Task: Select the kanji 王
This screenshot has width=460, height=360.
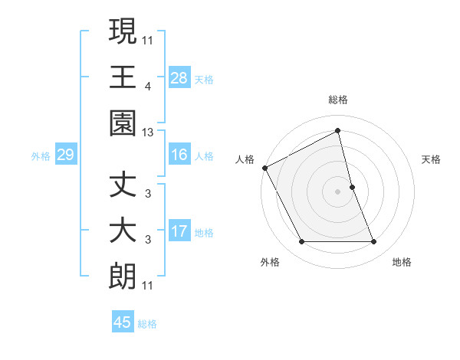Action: pos(123,77)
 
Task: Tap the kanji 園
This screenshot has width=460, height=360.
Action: pos(123,122)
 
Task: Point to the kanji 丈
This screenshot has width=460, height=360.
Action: pos(123,187)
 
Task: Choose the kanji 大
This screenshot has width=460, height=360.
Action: pos(123,231)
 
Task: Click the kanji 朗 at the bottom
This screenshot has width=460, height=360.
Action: pos(123,277)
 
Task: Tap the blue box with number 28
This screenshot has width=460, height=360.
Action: pos(179,77)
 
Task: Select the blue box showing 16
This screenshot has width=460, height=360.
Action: pos(179,155)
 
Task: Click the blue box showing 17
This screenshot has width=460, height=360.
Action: pos(179,231)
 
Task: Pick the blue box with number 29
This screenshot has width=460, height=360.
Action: pos(65,155)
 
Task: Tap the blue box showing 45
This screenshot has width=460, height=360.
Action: pos(123,322)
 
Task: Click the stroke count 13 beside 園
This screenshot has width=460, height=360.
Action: pos(147,133)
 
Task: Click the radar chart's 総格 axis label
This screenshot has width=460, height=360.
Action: pos(338,100)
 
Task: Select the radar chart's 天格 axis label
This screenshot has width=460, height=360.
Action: pos(432,159)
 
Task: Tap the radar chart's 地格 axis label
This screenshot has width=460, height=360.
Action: pos(402,262)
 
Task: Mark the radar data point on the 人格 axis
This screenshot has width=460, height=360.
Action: pos(264,167)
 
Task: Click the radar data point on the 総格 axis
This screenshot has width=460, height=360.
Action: pos(338,131)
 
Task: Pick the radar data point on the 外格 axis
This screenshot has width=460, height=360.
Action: pos(301,242)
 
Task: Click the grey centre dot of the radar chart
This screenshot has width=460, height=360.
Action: pos(338,191)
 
